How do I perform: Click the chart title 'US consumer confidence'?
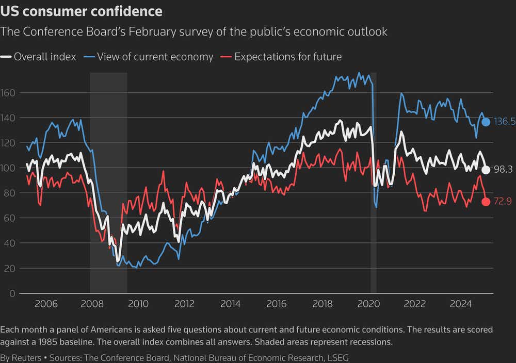click(82, 11)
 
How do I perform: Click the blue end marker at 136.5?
click(486, 122)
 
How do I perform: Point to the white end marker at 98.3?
click(486, 170)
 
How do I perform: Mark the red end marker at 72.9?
click(486, 202)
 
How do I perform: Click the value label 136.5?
click(505, 122)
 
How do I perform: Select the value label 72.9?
click(504, 202)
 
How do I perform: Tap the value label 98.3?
click(504, 170)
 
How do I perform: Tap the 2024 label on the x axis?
click(461, 304)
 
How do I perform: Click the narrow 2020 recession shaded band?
click(374, 206)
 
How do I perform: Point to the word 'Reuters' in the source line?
click(28, 357)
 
